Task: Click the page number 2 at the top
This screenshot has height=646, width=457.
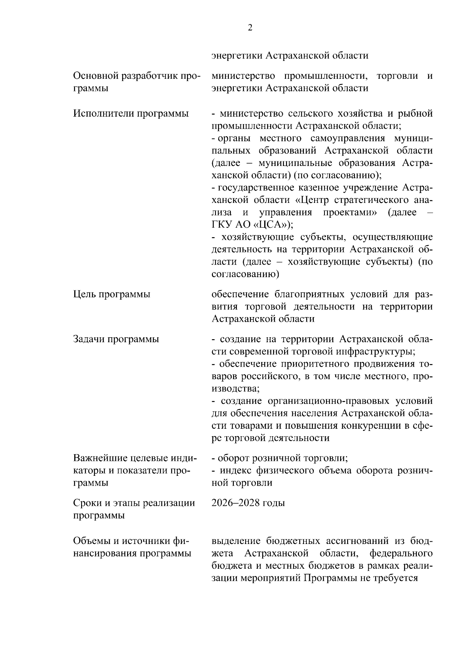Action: (x=250, y=28)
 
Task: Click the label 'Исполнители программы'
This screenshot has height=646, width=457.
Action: (x=131, y=113)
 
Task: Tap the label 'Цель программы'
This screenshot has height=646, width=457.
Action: (x=111, y=294)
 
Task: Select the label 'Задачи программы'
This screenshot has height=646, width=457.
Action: (x=116, y=339)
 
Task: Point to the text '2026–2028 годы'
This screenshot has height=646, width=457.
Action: (x=248, y=503)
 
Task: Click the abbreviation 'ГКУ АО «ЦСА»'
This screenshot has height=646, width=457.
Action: (x=251, y=225)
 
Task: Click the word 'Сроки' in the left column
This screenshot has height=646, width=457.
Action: (x=86, y=503)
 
